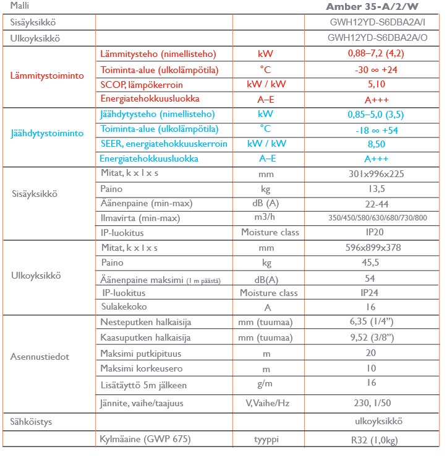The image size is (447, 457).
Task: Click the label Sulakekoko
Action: tap(124, 307)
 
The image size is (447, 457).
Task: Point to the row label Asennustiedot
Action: tap(40, 357)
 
